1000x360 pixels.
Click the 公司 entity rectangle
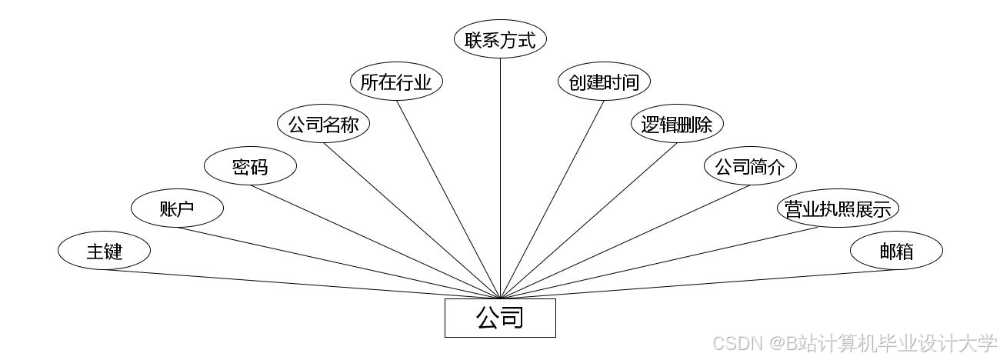[500, 318]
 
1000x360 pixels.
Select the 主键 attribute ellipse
[104, 251]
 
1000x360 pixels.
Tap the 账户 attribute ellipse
[177, 208]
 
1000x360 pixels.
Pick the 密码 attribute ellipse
[250, 166]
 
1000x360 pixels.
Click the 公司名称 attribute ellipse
[323, 124]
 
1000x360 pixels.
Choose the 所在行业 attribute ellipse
[396, 82]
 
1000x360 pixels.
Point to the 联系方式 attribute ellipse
[500, 40]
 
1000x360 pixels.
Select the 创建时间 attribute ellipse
[604, 82]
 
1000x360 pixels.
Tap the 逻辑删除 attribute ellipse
[677, 124]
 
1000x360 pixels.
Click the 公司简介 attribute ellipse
[750, 166]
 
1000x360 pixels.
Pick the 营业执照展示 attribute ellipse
[838, 208]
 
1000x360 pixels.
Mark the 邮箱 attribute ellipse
[896, 251]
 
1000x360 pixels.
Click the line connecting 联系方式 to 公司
[500, 177]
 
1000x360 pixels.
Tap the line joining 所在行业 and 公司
[448, 199]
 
